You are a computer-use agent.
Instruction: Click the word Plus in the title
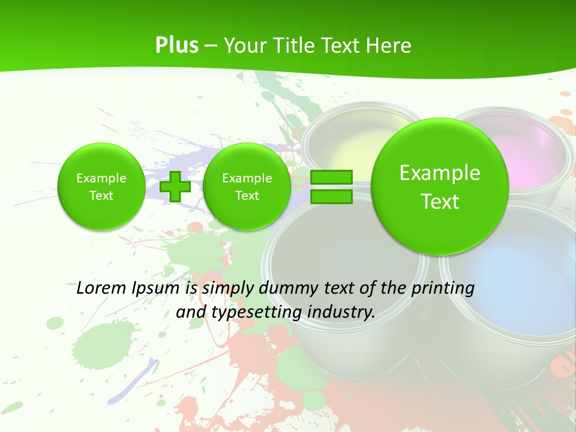[x=176, y=46]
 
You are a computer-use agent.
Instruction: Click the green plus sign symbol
[x=175, y=187]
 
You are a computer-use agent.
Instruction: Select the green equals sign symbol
[x=331, y=187]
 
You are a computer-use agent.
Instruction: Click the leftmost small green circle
[x=101, y=187]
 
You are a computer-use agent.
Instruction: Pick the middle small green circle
[x=247, y=187]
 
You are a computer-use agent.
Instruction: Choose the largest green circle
[x=440, y=186]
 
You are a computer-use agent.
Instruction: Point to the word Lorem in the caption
[x=101, y=288]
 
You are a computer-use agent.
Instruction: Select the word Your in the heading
[x=245, y=46]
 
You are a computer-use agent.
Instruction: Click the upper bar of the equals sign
[x=331, y=177]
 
